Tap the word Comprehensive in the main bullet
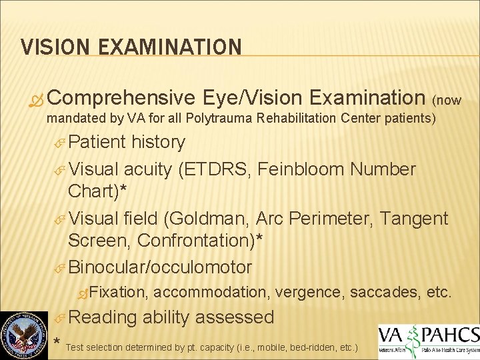pyautogui.click(x=121, y=98)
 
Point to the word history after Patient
pyautogui.click(x=159, y=142)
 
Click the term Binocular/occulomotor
pyautogui.click(x=160, y=267)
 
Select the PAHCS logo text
pyautogui.click(x=448, y=335)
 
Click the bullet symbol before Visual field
pyautogui.click(x=59, y=219)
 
